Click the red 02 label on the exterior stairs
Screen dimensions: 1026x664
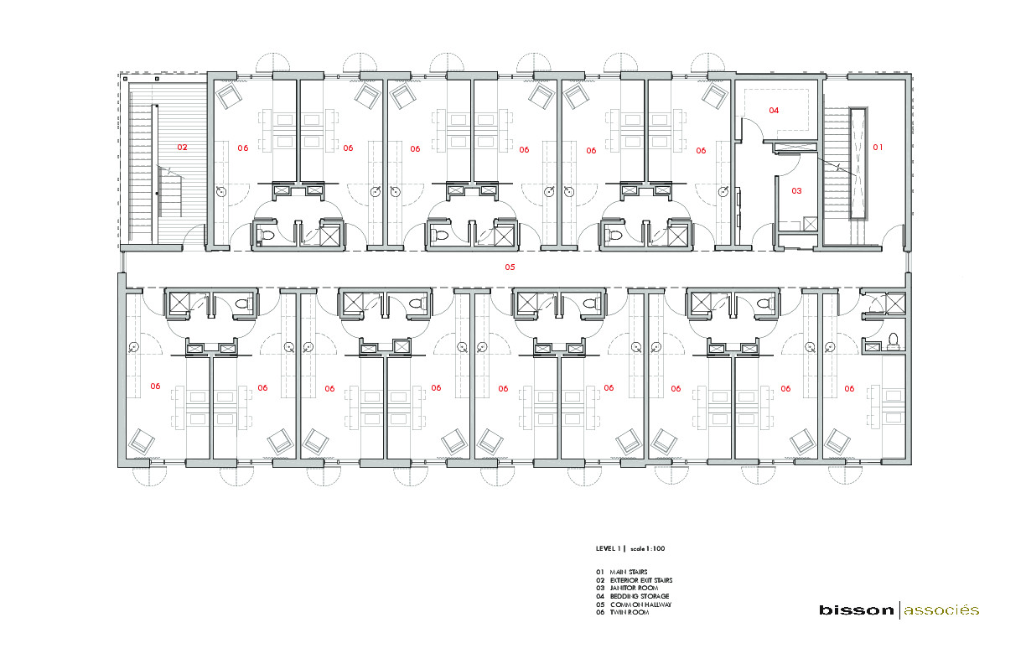[182, 147]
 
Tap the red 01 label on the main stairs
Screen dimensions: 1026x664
[878, 147]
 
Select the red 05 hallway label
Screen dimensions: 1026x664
[510, 267]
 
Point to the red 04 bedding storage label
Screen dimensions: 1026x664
[774, 110]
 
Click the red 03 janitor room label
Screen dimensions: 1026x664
[796, 190]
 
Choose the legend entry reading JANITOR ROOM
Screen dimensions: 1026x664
[634, 588]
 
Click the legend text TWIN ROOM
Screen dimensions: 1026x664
[630, 612]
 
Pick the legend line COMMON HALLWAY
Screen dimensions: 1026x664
[640, 604]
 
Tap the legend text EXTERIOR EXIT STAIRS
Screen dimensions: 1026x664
[641, 580]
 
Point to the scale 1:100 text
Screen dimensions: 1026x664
[648, 549]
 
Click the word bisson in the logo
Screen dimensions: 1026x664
[857, 610]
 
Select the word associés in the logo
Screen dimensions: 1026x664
[941, 610]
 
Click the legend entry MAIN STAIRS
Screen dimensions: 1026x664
[629, 572]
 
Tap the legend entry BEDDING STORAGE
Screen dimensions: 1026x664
[640, 596]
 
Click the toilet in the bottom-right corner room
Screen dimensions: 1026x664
[894, 340]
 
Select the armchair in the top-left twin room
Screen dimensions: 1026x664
[229, 96]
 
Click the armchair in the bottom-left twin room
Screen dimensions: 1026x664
[142, 442]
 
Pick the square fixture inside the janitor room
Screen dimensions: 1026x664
[811, 224]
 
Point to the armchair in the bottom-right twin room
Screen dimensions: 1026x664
[837, 442]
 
